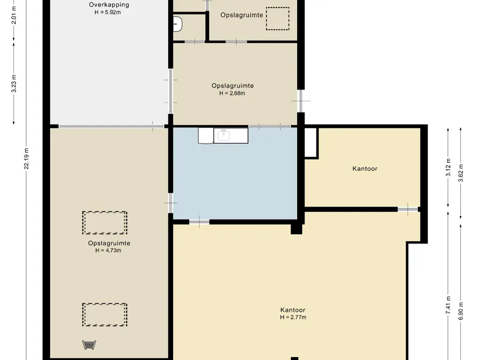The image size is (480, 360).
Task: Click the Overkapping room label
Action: pos(109,5)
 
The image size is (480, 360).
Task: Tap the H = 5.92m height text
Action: pos(107,12)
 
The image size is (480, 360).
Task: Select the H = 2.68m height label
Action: pos(232,93)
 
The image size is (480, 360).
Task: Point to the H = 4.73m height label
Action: pos(108,250)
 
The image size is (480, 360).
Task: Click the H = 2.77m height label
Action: pos(293,317)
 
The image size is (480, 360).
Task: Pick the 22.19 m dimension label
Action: pos(27,158)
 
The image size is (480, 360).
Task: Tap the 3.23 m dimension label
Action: pos(14,83)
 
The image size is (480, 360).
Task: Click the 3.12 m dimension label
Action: pos(448,167)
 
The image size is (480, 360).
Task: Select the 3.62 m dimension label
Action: pos(461,173)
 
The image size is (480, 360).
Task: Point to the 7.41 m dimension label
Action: pos(448,305)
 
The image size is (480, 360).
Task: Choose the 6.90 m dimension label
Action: pos(461,311)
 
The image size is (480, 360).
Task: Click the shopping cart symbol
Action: pos(89,345)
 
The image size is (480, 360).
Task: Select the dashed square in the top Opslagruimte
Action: pos(277,19)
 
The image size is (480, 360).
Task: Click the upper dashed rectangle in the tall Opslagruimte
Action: pos(105,223)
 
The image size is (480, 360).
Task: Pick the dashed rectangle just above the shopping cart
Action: pos(105,315)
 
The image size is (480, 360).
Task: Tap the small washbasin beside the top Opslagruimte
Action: pos(178,24)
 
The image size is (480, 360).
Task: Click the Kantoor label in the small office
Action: pos(365,169)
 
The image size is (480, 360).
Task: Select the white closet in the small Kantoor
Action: pos(310,142)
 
